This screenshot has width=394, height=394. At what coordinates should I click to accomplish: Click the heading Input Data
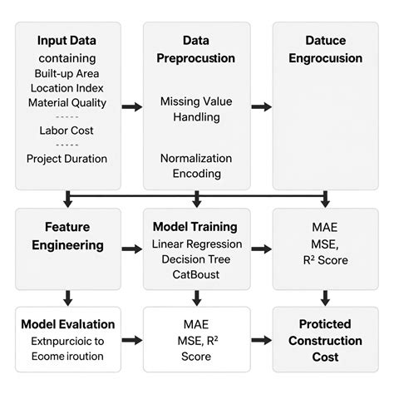(66, 41)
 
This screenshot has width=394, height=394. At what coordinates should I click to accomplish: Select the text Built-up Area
(66, 73)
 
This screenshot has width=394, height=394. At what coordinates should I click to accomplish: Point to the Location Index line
(66, 88)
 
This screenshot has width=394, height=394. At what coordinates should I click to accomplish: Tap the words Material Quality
(66, 103)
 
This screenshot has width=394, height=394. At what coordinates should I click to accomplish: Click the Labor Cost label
(66, 131)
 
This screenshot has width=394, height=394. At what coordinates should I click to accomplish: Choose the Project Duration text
(66, 158)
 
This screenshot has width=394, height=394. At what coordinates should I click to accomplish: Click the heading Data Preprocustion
(197, 49)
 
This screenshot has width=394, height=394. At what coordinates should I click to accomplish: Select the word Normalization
(197, 157)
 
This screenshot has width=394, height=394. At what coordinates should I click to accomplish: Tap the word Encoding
(197, 174)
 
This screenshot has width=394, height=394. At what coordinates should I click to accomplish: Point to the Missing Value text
(197, 101)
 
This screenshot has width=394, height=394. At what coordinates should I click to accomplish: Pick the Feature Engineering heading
(67, 235)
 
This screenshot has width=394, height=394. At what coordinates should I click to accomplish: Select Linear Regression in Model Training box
(197, 244)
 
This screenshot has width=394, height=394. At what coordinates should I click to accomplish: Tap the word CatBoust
(197, 274)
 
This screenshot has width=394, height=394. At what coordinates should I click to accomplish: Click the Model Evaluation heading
(67, 324)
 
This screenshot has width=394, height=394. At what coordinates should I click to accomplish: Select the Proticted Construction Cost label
(325, 339)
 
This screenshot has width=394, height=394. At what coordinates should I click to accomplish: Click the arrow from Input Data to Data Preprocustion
(131, 106)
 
